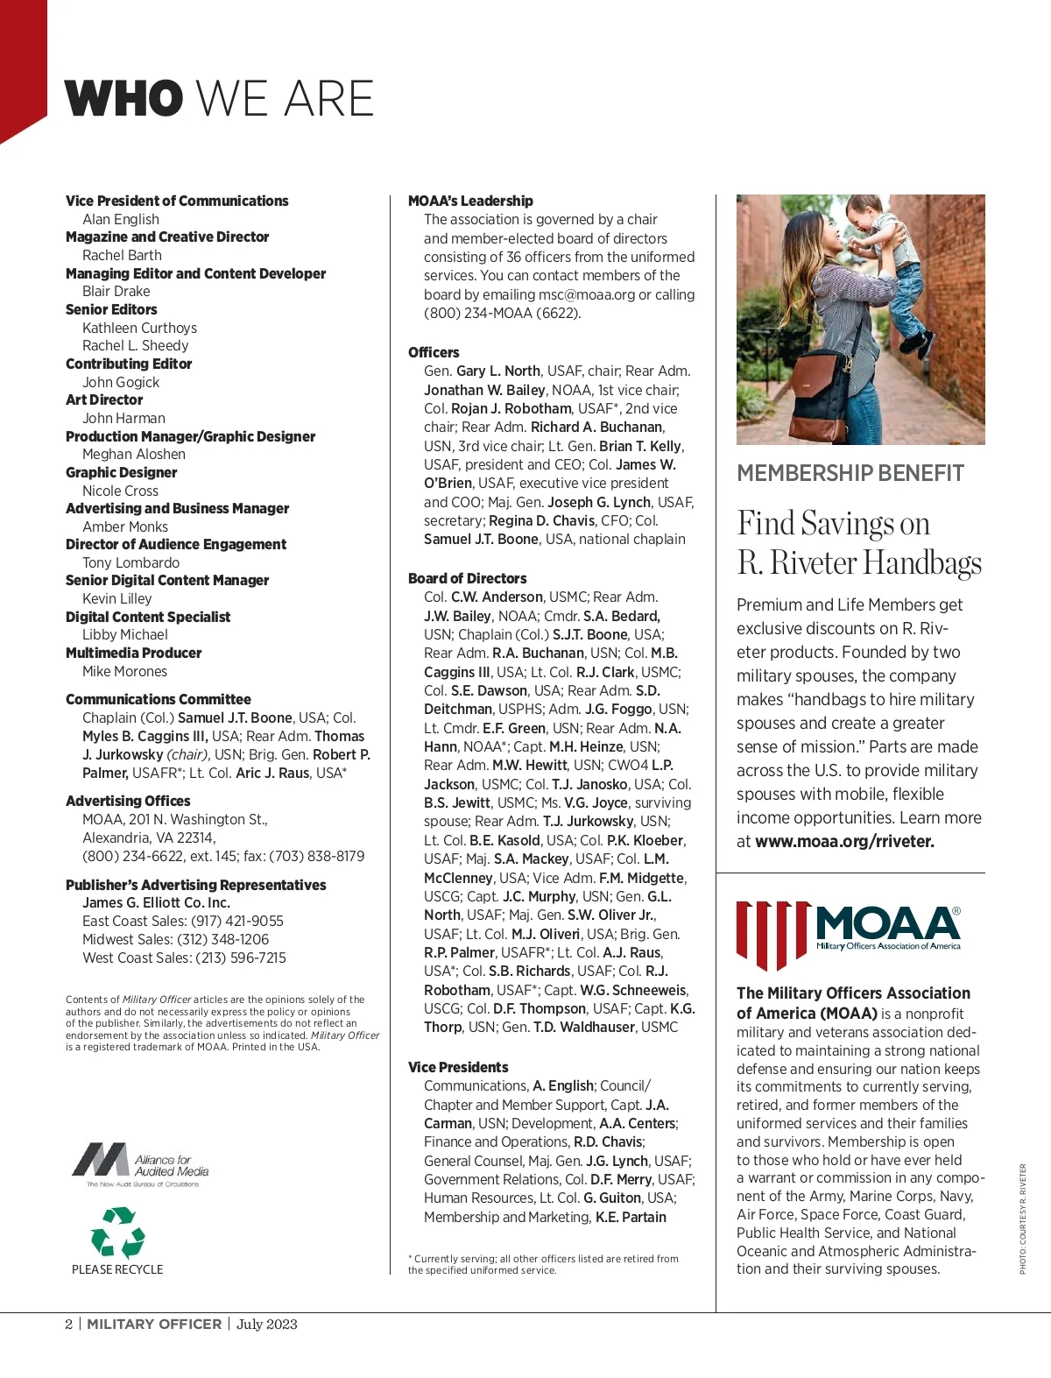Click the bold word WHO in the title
tap(123, 98)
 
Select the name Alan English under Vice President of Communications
tap(121, 219)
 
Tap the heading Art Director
tap(104, 399)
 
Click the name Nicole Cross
tap(120, 491)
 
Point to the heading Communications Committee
tap(159, 699)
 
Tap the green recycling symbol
tap(117, 1232)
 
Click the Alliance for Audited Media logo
tap(140, 1164)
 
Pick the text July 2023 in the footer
tap(267, 1324)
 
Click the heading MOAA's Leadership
tap(470, 201)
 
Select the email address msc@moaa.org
tap(586, 294)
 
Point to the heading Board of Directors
tap(467, 578)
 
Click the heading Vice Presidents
tap(458, 1067)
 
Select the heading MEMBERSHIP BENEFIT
tap(850, 473)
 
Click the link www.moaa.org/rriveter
tap(844, 841)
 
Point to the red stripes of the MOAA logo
tap(771, 934)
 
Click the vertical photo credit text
tap(1022, 1218)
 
